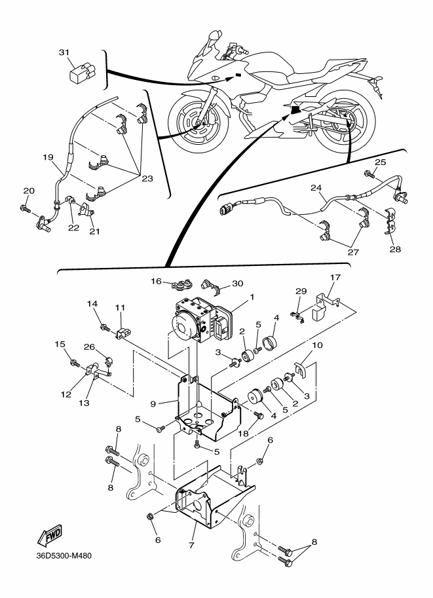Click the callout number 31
(x=64, y=52)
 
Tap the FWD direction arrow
(x=49, y=536)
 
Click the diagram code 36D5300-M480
(x=64, y=555)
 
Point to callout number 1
(x=252, y=296)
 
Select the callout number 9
(x=153, y=403)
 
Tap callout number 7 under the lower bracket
(x=191, y=546)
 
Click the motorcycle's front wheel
(x=198, y=122)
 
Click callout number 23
(x=147, y=179)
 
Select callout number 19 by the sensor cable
(x=48, y=157)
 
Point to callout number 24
(x=316, y=187)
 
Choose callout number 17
(x=335, y=277)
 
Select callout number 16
(x=157, y=281)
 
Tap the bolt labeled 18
(x=259, y=415)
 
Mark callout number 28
(x=395, y=249)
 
